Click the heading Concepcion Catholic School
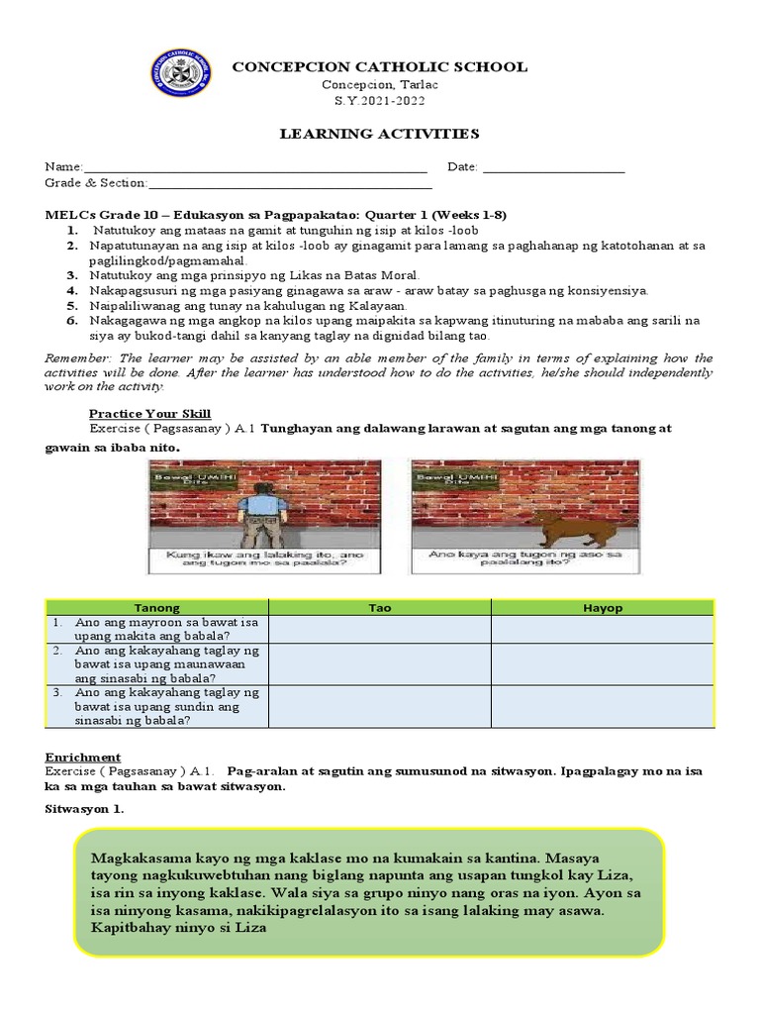pyautogui.click(x=379, y=66)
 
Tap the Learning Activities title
pyautogui.click(x=379, y=134)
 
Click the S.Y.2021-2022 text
pyautogui.click(x=379, y=101)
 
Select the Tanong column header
pyautogui.click(x=157, y=607)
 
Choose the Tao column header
pyautogui.click(x=380, y=607)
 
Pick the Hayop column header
pyautogui.click(x=602, y=607)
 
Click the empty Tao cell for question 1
pyautogui.click(x=380, y=629)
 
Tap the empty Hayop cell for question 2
pyautogui.click(x=602, y=664)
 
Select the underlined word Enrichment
pyautogui.click(x=83, y=757)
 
